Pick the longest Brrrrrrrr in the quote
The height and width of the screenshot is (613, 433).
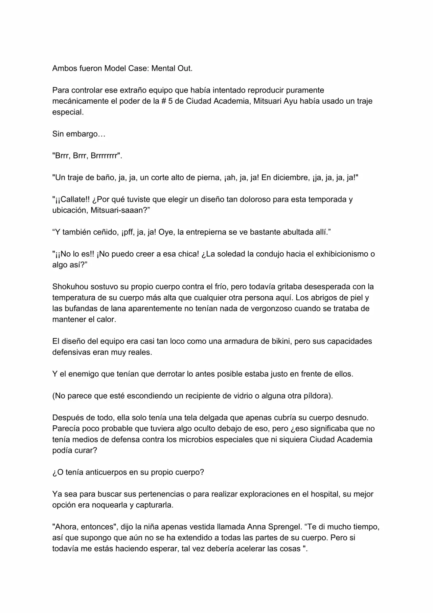tap(106, 156)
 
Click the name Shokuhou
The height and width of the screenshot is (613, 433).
tap(69, 287)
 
